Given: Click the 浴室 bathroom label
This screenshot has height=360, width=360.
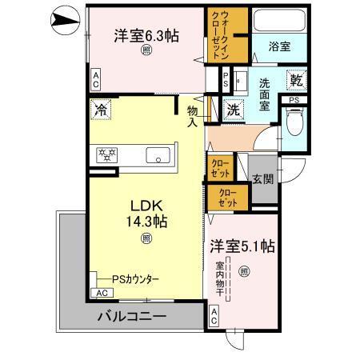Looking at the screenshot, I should [279, 47].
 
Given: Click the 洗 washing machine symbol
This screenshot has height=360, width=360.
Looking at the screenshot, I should [234, 108].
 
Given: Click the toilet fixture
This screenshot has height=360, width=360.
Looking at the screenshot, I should [293, 122].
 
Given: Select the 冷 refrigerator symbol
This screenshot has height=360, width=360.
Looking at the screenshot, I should [101, 110].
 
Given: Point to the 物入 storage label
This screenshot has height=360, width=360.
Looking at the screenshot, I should [192, 116].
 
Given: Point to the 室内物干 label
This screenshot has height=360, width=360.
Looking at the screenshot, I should [220, 286].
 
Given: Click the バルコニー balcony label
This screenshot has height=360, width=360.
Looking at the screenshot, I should [132, 317].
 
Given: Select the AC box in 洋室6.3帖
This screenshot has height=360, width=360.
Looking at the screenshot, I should [95, 78].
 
